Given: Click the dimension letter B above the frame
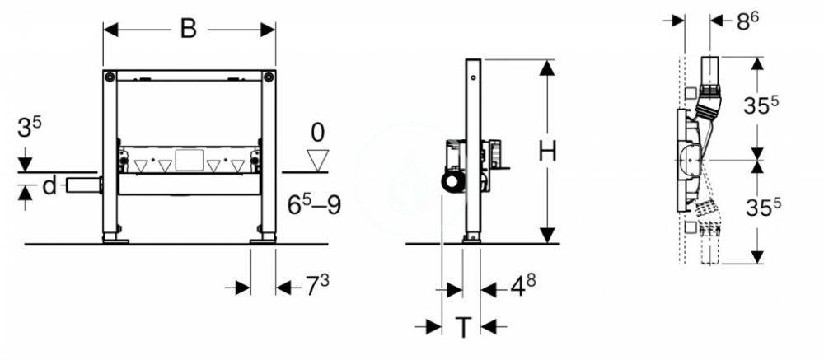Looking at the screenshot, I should (x=189, y=29).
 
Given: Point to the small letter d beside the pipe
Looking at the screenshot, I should (x=49, y=186).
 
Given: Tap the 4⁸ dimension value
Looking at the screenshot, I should (x=522, y=288).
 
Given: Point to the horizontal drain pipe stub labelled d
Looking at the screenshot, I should (x=80, y=184).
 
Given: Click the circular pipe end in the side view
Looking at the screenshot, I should (x=452, y=183).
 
